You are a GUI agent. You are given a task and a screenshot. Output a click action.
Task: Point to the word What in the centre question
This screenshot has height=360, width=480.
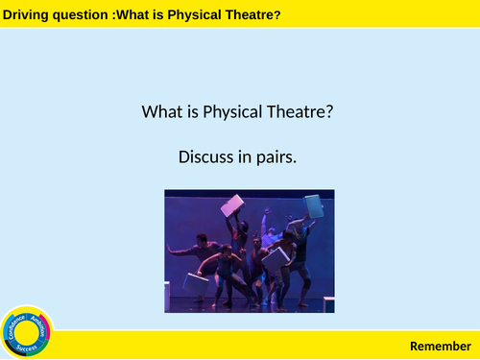[159, 112]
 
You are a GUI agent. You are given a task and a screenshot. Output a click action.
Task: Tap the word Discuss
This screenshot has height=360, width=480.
[205, 156]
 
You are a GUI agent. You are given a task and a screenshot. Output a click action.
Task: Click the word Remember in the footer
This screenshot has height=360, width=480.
[441, 345]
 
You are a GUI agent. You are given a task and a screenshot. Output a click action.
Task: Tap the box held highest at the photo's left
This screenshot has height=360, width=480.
[232, 204]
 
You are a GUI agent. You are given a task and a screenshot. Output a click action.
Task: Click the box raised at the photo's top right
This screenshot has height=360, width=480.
[312, 204]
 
